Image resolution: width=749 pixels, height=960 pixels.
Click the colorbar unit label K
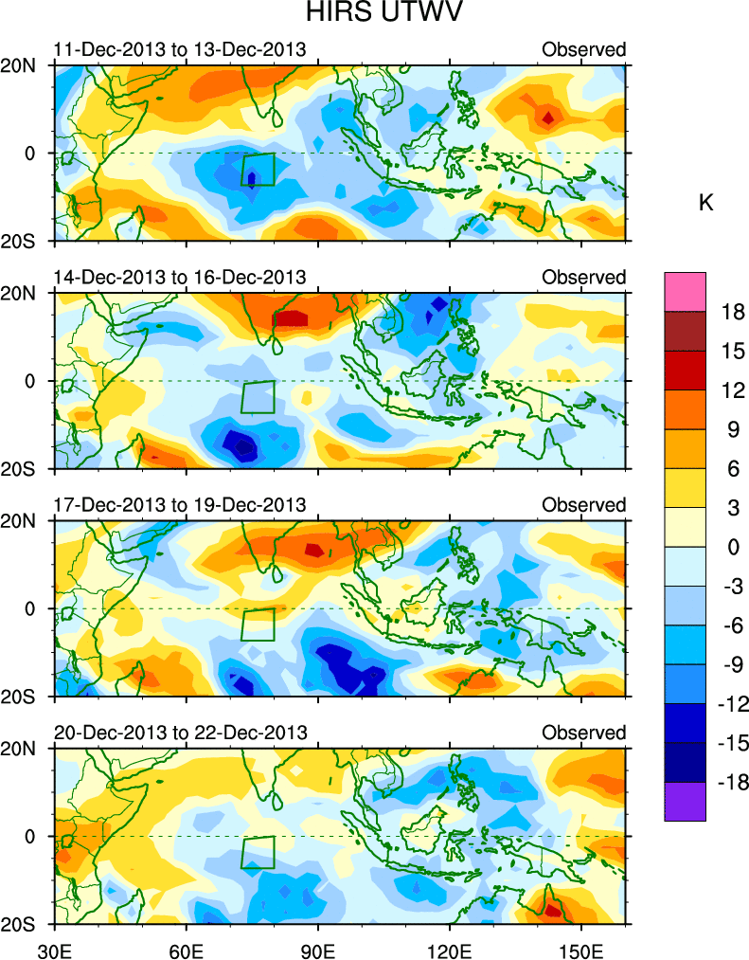click(x=705, y=203)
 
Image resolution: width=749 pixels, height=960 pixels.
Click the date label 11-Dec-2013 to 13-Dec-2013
click(x=180, y=49)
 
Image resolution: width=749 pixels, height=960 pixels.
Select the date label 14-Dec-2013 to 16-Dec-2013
click(x=180, y=277)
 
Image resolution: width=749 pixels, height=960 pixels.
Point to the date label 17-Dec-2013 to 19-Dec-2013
click(x=180, y=504)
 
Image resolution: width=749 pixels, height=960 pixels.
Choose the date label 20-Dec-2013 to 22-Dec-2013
click(x=180, y=733)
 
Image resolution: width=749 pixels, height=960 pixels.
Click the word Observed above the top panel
click(x=583, y=49)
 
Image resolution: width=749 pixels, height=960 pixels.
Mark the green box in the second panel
click(x=258, y=396)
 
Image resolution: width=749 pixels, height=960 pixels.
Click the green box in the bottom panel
click(x=258, y=852)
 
